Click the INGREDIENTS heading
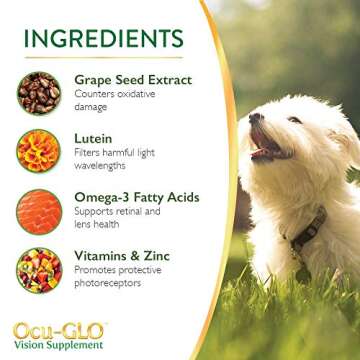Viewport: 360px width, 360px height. coord(105,38)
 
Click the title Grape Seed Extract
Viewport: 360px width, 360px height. coord(133,78)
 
